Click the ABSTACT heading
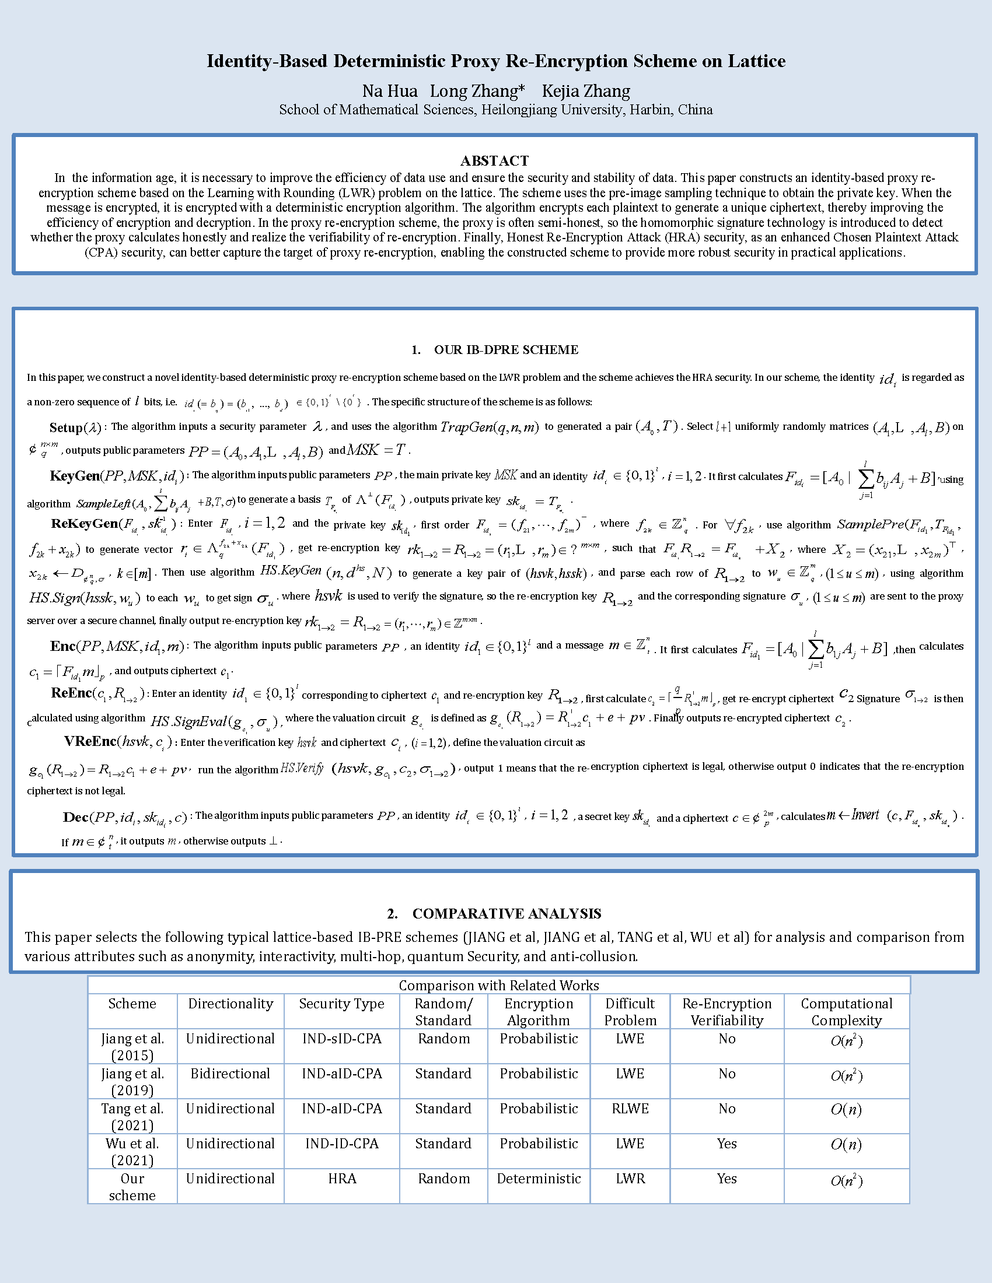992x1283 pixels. pyautogui.click(x=494, y=161)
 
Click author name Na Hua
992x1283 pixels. pyautogui.click(x=390, y=91)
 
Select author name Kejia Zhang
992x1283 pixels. pyautogui.click(x=585, y=91)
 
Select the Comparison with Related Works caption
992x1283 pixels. pyautogui.click(x=498, y=985)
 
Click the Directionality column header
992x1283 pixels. pyautogui.click(x=230, y=1004)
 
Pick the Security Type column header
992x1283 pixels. pyautogui.click(x=341, y=1004)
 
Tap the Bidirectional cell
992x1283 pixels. pyautogui.click(x=230, y=1073)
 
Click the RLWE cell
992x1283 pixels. pyautogui.click(x=630, y=1109)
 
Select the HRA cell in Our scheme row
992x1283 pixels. pyautogui.click(x=342, y=1179)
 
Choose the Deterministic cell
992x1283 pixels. pyautogui.click(x=539, y=1179)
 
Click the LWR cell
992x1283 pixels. pyautogui.click(x=630, y=1179)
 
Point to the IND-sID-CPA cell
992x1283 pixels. pyautogui.click(x=342, y=1039)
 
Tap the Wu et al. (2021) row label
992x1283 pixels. pyautogui.click(x=132, y=1151)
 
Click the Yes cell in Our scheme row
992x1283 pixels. pyautogui.click(x=726, y=1179)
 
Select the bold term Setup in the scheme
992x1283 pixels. pyautogui.click(x=66, y=427)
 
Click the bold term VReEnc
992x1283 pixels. pyautogui.click(x=90, y=741)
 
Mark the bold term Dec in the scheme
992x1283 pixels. pyautogui.click(x=76, y=817)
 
